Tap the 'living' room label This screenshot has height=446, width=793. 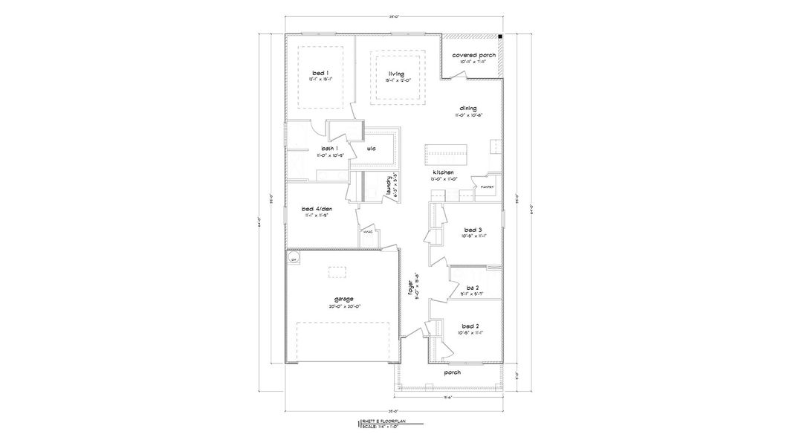[x=395, y=74]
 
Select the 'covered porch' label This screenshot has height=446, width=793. [x=474, y=55]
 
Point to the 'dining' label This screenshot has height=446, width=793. [x=467, y=109]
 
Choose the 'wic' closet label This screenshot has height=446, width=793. [x=371, y=149]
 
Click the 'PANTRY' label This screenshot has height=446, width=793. [x=488, y=186]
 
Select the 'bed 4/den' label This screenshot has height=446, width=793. [x=317, y=209]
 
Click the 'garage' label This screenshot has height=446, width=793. [x=322, y=299]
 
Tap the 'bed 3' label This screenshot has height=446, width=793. [x=472, y=230]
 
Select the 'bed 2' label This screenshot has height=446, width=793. [x=469, y=326]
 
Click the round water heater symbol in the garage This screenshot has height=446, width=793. [x=294, y=259]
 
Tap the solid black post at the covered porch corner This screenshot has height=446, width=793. [x=500, y=36]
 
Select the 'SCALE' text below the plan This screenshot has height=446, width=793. [x=369, y=426]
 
